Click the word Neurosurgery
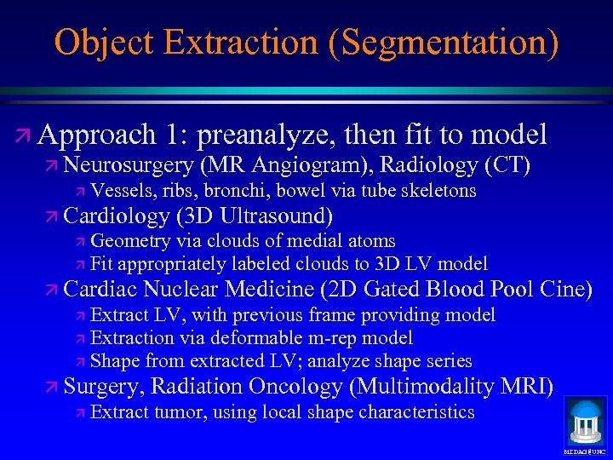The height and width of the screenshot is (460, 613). [x=128, y=164]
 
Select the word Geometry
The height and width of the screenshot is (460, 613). [x=128, y=241]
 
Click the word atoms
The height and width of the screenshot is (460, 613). [x=370, y=241]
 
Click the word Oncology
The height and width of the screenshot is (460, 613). [x=298, y=387]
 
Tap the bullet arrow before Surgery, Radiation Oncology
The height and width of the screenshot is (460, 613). [x=52, y=388]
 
